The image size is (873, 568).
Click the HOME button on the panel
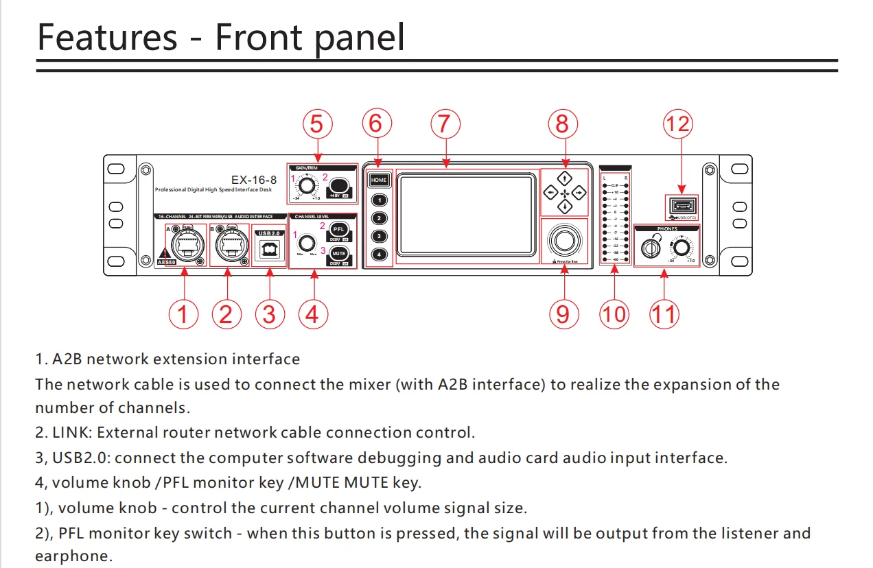click(379, 180)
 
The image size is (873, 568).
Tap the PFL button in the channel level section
click(339, 229)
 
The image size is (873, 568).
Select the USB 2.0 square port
click(268, 248)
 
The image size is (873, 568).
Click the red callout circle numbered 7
click(445, 124)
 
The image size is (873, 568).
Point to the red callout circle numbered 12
click(677, 124)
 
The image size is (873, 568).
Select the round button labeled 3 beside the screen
click(379, 236)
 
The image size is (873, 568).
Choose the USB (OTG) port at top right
click(681, 205)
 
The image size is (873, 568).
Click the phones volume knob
click(682, 248)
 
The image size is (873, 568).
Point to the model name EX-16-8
click(254, 180)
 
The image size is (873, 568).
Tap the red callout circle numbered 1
click(183, 314)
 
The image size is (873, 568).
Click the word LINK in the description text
click(70, 433)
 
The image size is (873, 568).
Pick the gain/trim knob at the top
click(307, 185)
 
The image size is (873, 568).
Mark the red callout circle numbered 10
click(614, 314)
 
